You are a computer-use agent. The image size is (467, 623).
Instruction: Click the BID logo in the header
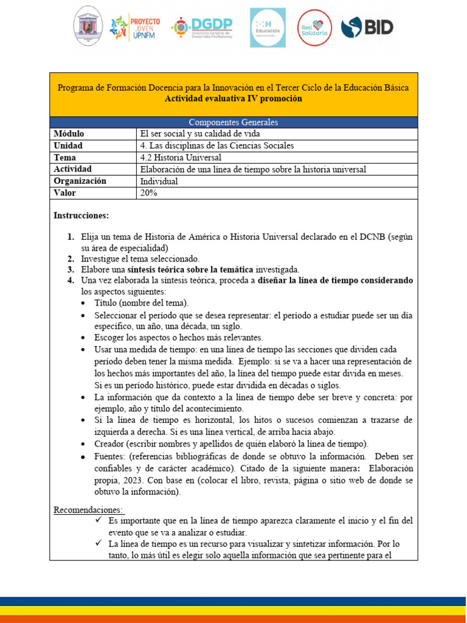coord(367,27)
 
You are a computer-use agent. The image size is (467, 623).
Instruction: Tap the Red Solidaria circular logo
coord(314,27)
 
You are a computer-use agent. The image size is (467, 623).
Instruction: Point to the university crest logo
coord(88,27)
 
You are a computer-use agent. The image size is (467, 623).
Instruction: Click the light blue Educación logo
coord(268,27)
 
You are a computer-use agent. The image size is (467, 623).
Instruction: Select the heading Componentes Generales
coord(233,122)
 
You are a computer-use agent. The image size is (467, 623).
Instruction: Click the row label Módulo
coord(69,134)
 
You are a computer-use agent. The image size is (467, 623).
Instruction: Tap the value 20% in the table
coord(149,193)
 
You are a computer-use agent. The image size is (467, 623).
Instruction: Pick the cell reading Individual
coord(159,181)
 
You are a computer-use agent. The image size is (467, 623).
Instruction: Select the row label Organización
coord(80,181)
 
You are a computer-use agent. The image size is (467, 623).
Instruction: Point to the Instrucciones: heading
coord(81,215)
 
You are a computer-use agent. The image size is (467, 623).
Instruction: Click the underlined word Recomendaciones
coord(89,509)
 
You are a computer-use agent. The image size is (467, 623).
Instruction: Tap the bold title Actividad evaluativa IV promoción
coord(233,99)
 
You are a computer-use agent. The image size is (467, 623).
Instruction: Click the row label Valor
coord(66,193)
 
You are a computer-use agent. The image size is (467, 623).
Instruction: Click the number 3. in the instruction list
coord(71,269)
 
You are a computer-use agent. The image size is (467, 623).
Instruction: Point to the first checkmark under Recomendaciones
coord(99,521)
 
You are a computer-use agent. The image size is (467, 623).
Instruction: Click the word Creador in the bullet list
coord(109,443)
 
